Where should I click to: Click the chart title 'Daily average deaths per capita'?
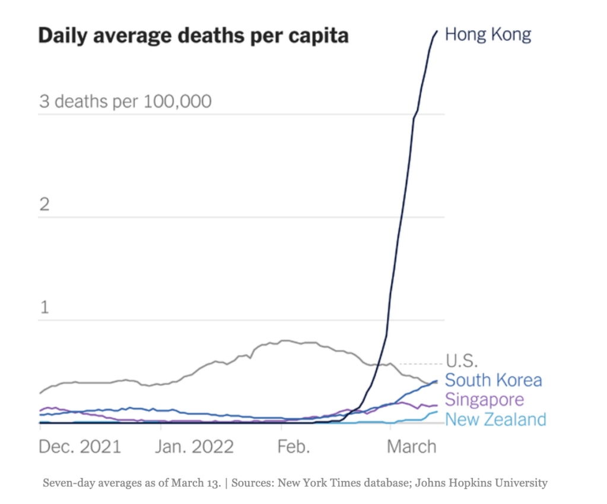(x=193, y=36)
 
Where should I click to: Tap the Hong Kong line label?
(x=488, y=34)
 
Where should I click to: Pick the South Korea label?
(x=493, y=380)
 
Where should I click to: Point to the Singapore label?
(x=484, y=400)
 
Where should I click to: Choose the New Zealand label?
(x=495, y=420)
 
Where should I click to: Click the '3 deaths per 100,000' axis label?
(x=125, y=102)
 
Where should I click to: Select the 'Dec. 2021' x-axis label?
(x=80, y=446)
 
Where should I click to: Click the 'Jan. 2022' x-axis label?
(x=194, y=446)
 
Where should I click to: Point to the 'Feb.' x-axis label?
(x=294, y=446)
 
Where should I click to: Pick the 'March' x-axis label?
(x=412, y=446)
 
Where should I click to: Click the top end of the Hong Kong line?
(x=437, y=31)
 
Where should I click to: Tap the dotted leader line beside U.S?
(x=421, y=363)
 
